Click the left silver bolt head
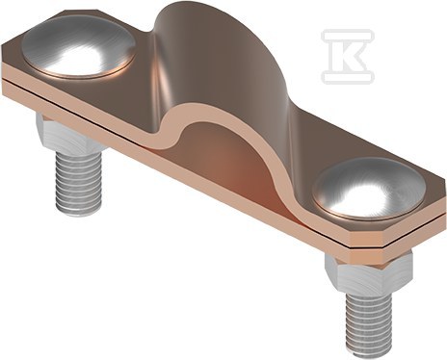(79, 49)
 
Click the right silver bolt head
(369, 190)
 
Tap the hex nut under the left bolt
(69, 132)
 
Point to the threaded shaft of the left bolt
(79, 181)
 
